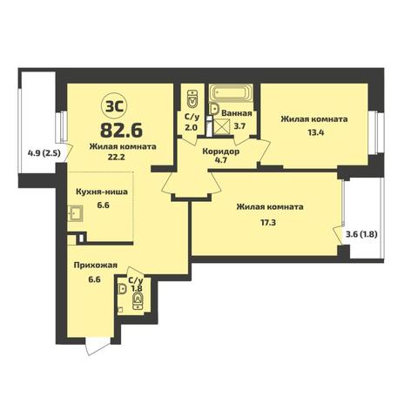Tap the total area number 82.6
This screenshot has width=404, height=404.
tap(121, 130)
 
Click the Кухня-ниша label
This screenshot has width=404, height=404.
tap(102, 192)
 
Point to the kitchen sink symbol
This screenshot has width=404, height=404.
tap(75, 213)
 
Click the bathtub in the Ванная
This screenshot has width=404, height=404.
tap(231, 93)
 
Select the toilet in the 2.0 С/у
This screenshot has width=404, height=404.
tap(192, 98)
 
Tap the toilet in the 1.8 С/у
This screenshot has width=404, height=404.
tap(138, 301)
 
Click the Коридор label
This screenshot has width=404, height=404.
tap(221, 151)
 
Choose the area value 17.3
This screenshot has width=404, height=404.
tap(268, 223)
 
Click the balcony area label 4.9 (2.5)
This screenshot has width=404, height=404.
tap(44, 152)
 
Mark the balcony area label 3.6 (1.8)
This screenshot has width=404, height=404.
tap(361, 234)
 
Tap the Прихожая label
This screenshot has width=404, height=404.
tap(96, 266)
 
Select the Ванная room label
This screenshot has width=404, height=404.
tap(237, 113)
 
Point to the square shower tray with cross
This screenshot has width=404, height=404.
tap(221, 126)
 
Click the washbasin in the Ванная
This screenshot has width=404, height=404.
tap(214, 109)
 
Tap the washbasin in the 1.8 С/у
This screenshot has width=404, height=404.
tap(123, 289)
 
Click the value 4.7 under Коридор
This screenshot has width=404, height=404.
tap(221, 160)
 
